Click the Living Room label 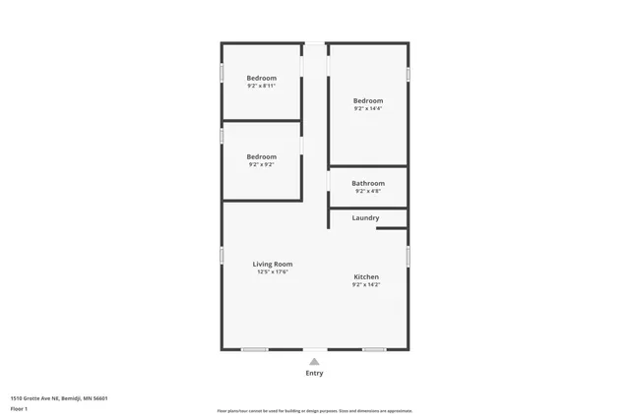[x=272, y=264]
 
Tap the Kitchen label [x=366, y=276]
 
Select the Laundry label [x=365, y=217]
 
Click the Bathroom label [x=368, y=183]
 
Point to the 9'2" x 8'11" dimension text [x=261, y=87]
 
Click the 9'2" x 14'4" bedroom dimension [x=368, y=109]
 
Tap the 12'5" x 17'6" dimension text [x=272, y=272]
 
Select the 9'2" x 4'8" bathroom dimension [x=368, y=191]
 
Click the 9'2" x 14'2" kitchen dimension [x=366, y=285]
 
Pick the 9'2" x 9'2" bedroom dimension [x=261, y=165]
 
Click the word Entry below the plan [x=314, y=374]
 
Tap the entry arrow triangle [x=314, y=361]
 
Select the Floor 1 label [x=20, y=408]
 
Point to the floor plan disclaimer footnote [x=314, y=411]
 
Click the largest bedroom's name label [x=368, y=100]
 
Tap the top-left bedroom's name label [x=261, y=78]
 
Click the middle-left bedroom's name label [x=261, y=156]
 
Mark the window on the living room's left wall [x=221, y=256]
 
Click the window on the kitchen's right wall [x=408, y=256]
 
